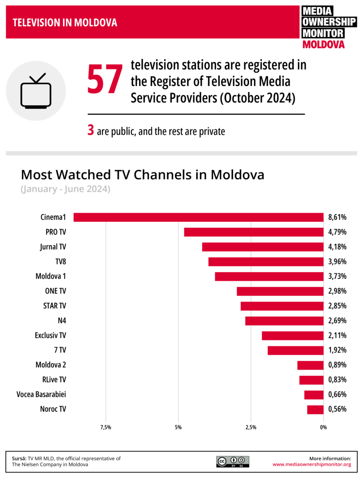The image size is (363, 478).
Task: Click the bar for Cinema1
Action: [x=198, y=217]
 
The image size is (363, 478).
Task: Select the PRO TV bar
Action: [x=254, y=232]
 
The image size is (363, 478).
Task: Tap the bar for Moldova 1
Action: [x=269, y=276]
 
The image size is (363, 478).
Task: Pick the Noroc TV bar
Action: [x=315, y=409]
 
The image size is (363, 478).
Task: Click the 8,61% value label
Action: [x=337, y=217]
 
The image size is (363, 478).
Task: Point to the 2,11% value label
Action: [x=337, y=335]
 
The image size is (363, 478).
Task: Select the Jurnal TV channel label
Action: [x=53, y=247]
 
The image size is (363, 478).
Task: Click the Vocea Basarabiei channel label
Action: [x=41, y=394]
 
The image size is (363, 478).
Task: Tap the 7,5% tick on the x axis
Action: [x=106, y=427]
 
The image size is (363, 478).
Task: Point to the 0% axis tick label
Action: [x=323, y=427]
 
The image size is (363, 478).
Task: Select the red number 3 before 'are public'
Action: [x=91, y=130]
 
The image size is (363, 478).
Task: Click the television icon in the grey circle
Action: [x=36, y=91]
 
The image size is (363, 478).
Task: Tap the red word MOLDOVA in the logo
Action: [x=323, y=45]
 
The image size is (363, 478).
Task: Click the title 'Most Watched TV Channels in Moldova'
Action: [x=143, y=175]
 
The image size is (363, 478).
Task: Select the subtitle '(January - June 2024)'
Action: [x=65, y=189]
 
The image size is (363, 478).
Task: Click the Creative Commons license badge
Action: [x=233, y=461]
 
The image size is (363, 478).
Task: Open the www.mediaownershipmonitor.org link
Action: [x=312, y=464]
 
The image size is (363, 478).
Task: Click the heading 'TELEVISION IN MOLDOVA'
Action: [x=65, y=23]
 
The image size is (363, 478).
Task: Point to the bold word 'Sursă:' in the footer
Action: [x=19, y=459]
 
